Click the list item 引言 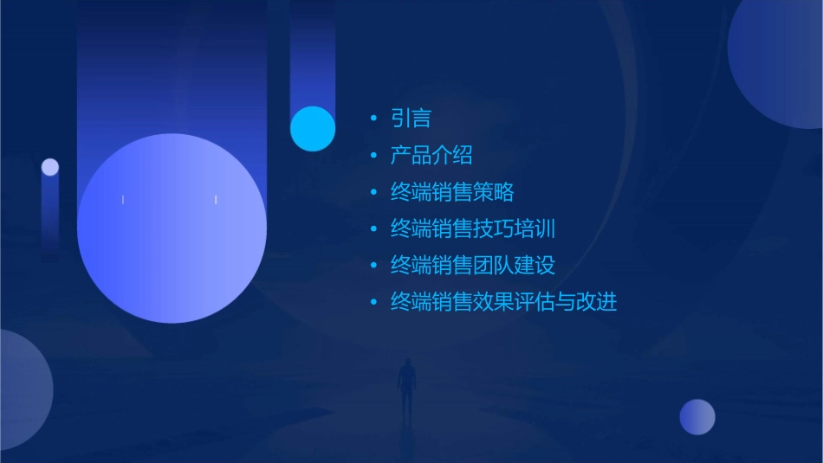tap(411, 119)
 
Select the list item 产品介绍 tap(431, 156)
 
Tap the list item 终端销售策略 tap(452, 192)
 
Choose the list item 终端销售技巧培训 tap(473, 229)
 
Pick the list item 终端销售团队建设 tap(473, 266)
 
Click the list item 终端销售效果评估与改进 tap(503, 302)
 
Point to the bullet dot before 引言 tap(373, 119)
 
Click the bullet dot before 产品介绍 tap(373, 156)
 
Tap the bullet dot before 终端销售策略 tap(373, 192)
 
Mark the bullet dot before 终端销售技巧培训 tap(373, 229)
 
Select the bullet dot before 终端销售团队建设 tap(373, 266)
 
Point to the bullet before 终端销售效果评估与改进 tap(373, 302)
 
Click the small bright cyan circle tap(313, 128)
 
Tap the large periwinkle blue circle tap(172, 228)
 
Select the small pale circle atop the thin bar tap(50, 167)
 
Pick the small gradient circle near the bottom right tap(697, 417)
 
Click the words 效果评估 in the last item tap(514, 302)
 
